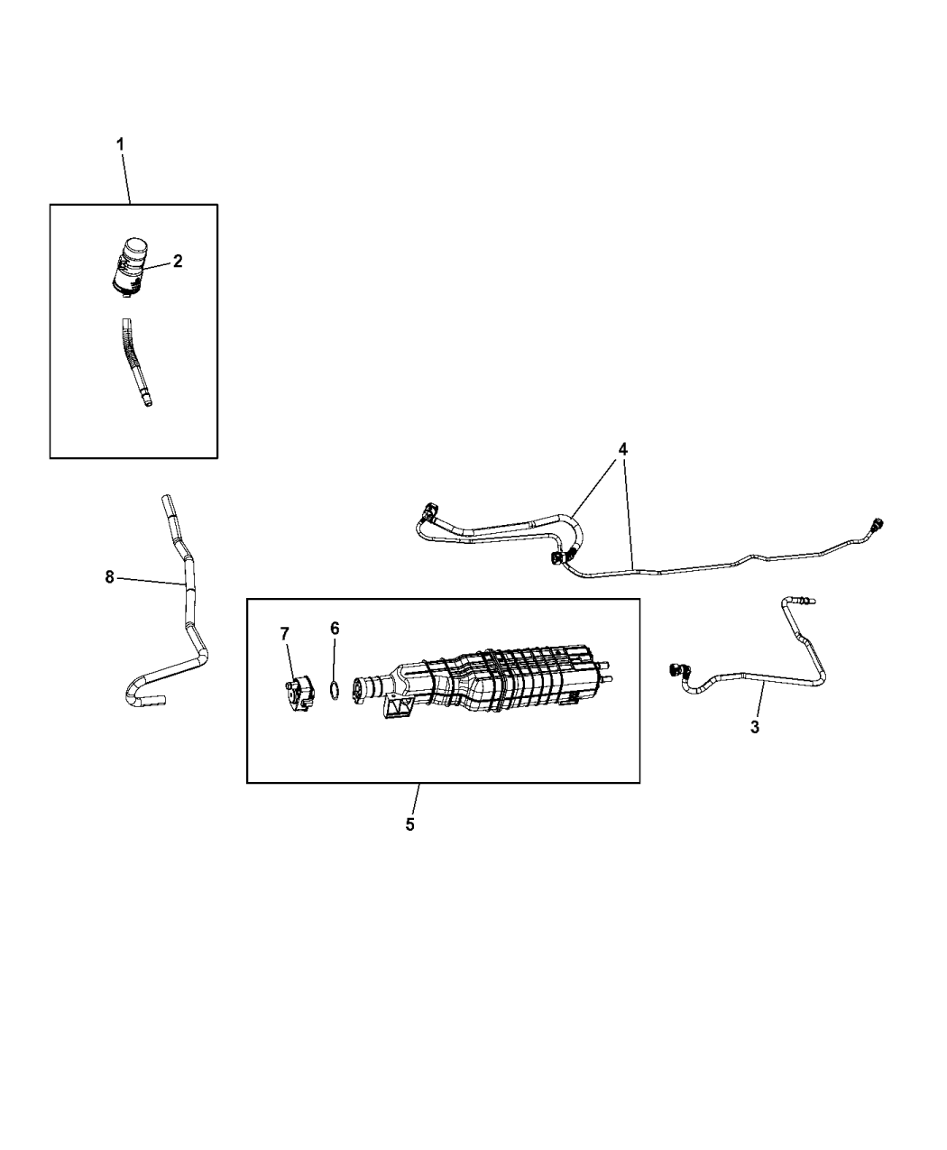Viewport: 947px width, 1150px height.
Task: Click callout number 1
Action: coord(121,143)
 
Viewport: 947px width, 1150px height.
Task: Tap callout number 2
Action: coord(178,261)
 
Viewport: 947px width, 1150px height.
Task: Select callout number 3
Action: coord(755,727)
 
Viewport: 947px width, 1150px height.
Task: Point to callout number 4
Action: coord(623,448)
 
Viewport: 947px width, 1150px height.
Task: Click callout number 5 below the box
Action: coord(409,824)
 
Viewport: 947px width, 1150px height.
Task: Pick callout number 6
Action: coord(335,628)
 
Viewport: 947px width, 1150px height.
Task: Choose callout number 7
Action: coord(286,634)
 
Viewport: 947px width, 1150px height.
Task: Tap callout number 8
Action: coord(110,577)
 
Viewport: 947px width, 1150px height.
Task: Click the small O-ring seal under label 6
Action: coord(334,691)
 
